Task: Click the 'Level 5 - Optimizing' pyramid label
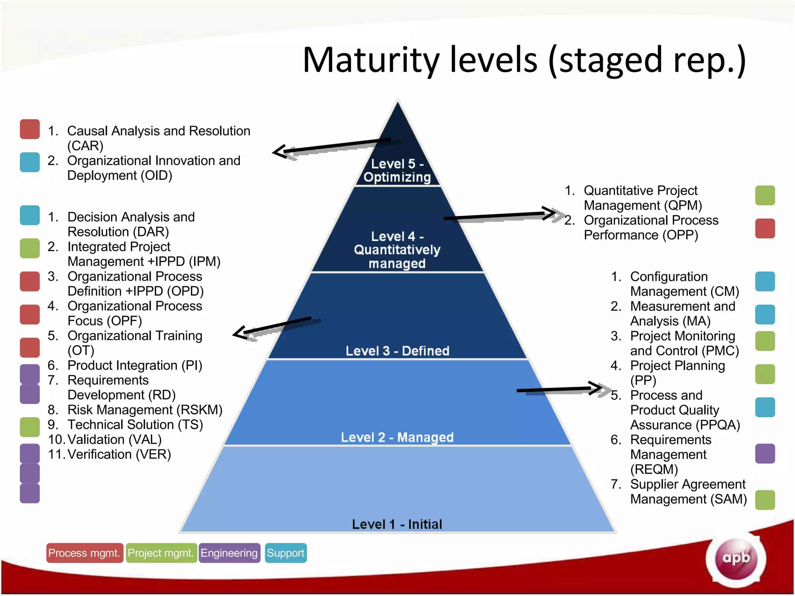pos(397,170)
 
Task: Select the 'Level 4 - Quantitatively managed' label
pos(397,250)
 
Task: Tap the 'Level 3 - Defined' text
pos(397,351)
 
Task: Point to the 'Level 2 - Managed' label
pos(397,437)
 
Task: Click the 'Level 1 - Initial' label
pos(397,524)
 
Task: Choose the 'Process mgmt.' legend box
pos(84,553)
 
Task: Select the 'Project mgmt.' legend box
pos(161,553)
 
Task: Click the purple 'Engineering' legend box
pos(229,553)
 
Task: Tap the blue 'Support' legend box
pos(286,553)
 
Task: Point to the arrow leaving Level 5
pos(330,147)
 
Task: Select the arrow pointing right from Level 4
pos(501,215)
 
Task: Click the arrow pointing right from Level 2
pos(559,389)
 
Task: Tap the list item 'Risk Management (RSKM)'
pos(145,410)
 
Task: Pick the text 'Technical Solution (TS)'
pos(135,424)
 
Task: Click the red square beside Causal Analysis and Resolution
pos(30,129)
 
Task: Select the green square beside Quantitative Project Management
pos(765,195)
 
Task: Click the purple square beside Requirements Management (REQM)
pos(765,454)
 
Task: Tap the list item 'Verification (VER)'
pos(119,454)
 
